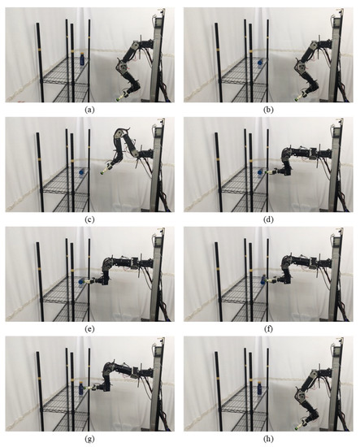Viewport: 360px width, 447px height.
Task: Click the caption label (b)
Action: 268,108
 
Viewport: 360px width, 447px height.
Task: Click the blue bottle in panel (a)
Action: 81,60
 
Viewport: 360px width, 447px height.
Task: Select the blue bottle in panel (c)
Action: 81,172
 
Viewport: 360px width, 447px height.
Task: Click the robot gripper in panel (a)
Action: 118,96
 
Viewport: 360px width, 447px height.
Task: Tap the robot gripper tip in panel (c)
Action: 102,172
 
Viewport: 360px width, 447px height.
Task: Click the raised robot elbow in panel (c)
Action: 122,132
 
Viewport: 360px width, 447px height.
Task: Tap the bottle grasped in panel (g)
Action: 81,392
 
